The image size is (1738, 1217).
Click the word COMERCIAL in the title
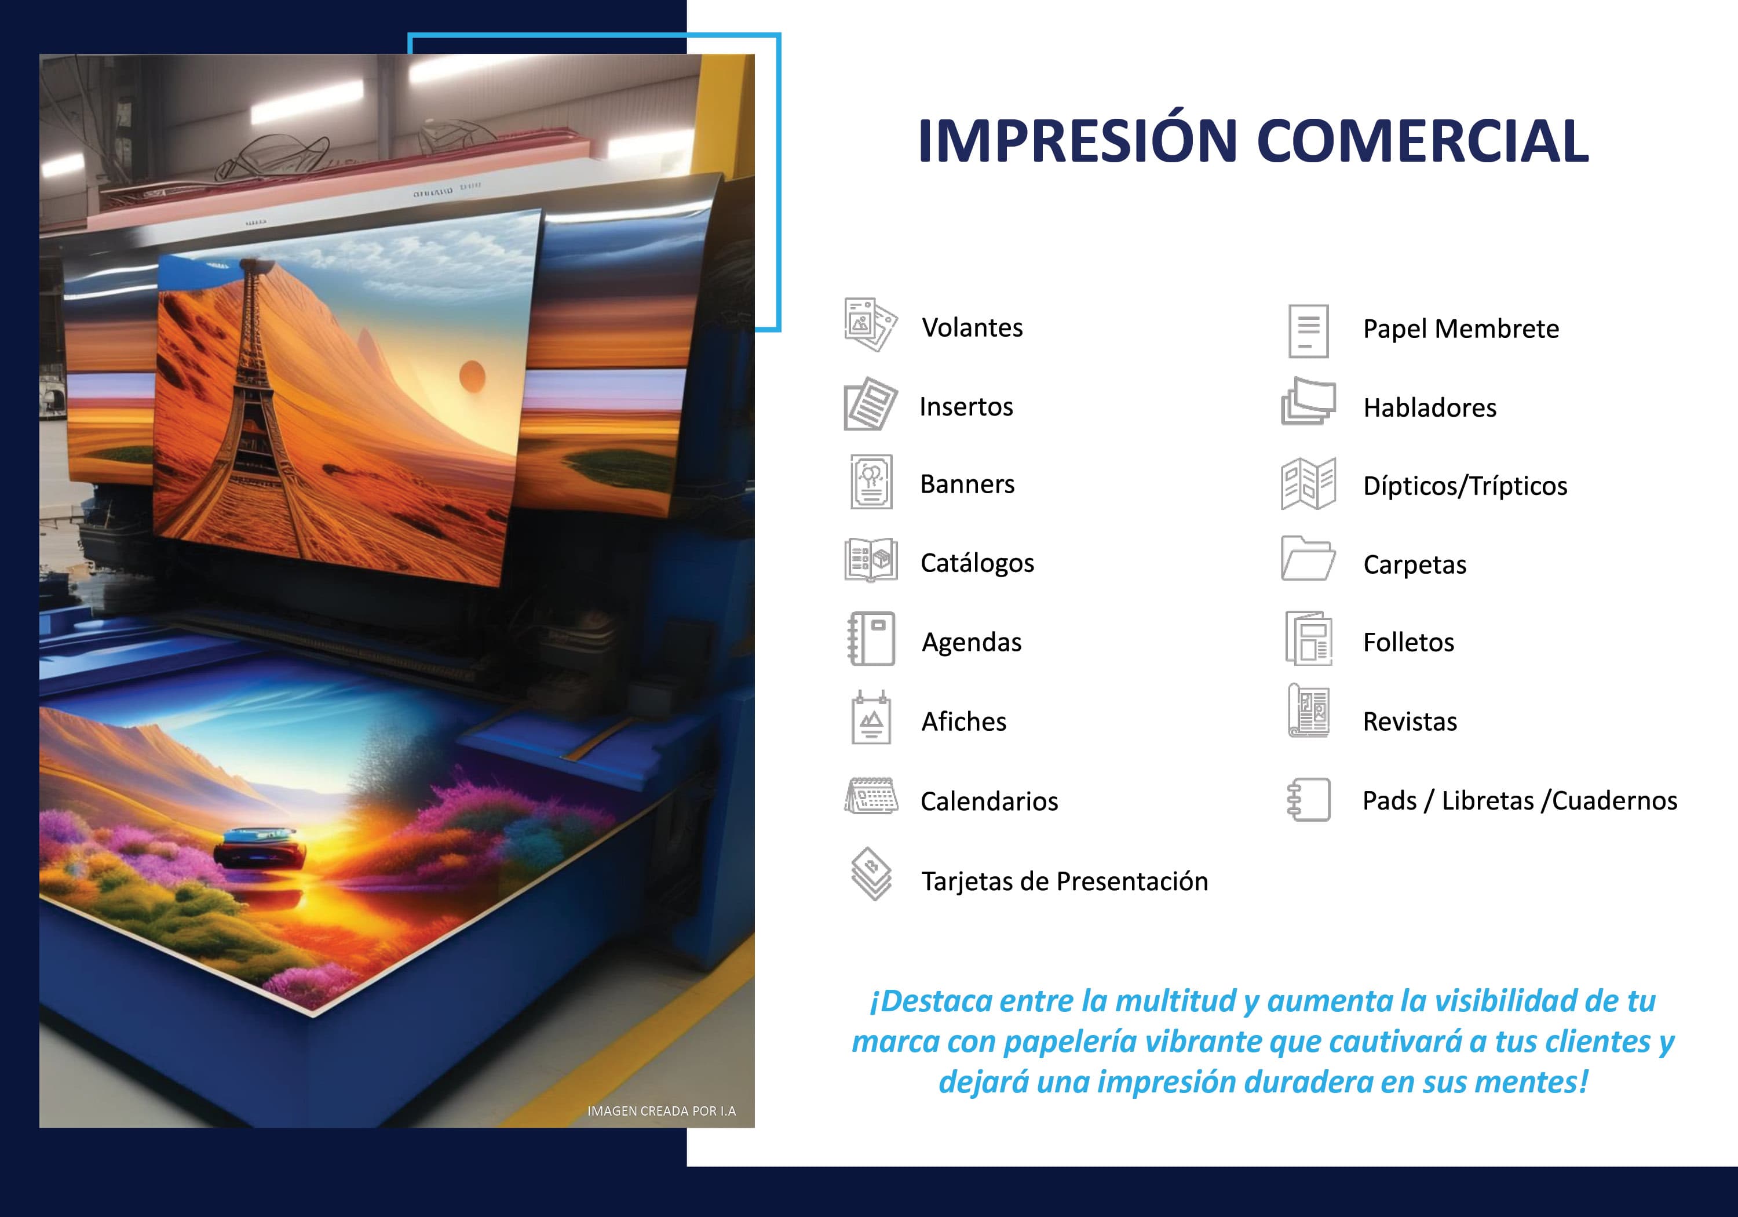tap(1422, 141)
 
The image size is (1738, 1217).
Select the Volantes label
tap(972, 328)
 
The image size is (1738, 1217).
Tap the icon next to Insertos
tap(871, 404)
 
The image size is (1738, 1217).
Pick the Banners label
tap(967, 484)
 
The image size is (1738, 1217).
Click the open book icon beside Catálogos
tap(871, 560)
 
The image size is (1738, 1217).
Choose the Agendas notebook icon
tap(871, 639)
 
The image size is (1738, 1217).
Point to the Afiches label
tap(963, 722)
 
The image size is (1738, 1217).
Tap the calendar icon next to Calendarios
tap(871, 796)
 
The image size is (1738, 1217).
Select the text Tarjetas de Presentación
tap(1064, 881)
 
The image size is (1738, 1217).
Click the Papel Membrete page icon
tap(1308, 331)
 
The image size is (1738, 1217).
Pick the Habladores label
tap(1429, 408)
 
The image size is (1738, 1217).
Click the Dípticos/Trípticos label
tap(1465, 486)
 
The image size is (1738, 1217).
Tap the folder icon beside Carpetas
tap(1308, 559)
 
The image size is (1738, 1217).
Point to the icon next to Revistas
tap(1308, 710)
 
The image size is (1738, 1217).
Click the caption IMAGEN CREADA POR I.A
tap(661, 1111)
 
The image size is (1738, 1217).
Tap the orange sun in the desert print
tap(472, 376)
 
